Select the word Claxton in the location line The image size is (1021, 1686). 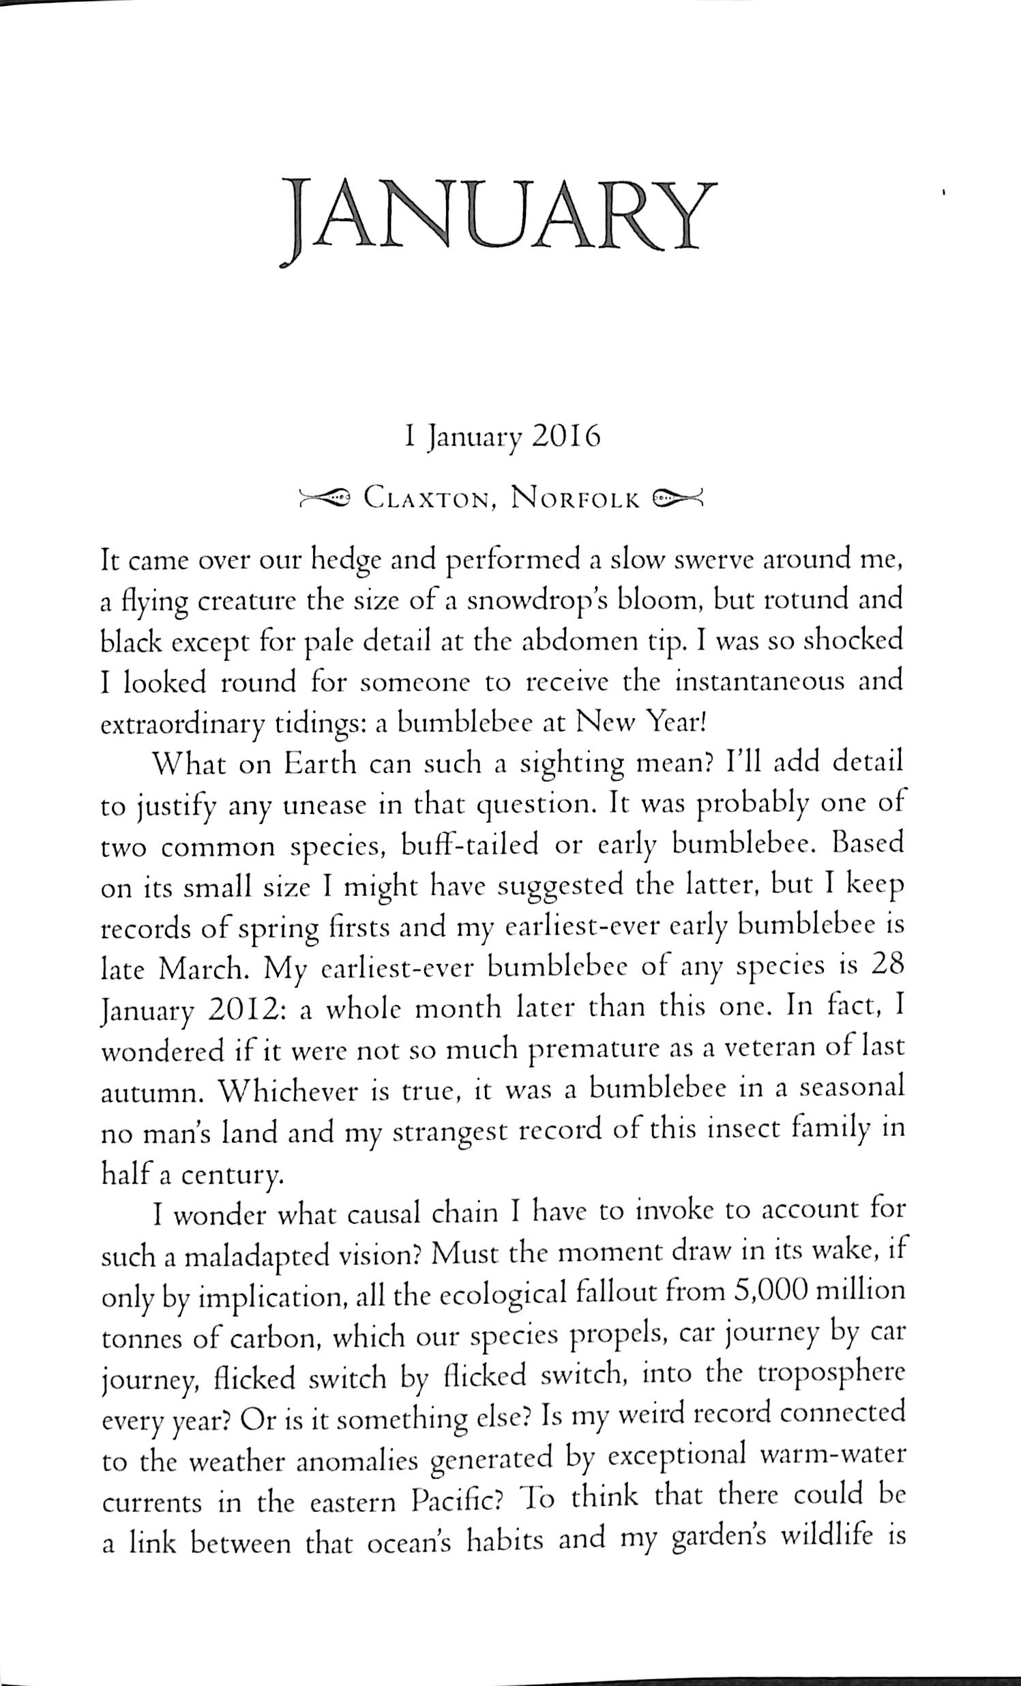click(426, 498)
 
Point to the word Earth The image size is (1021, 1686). click(320, 764)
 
